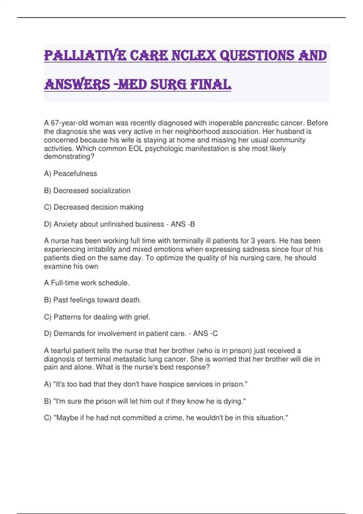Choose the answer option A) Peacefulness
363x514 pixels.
[70, 174]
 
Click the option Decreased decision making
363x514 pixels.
[94, 207]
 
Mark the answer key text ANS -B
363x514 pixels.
[183, 224]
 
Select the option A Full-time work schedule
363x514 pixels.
[87, 283]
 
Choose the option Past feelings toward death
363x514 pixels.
[93, 300]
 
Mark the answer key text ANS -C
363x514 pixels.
[205, 333]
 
